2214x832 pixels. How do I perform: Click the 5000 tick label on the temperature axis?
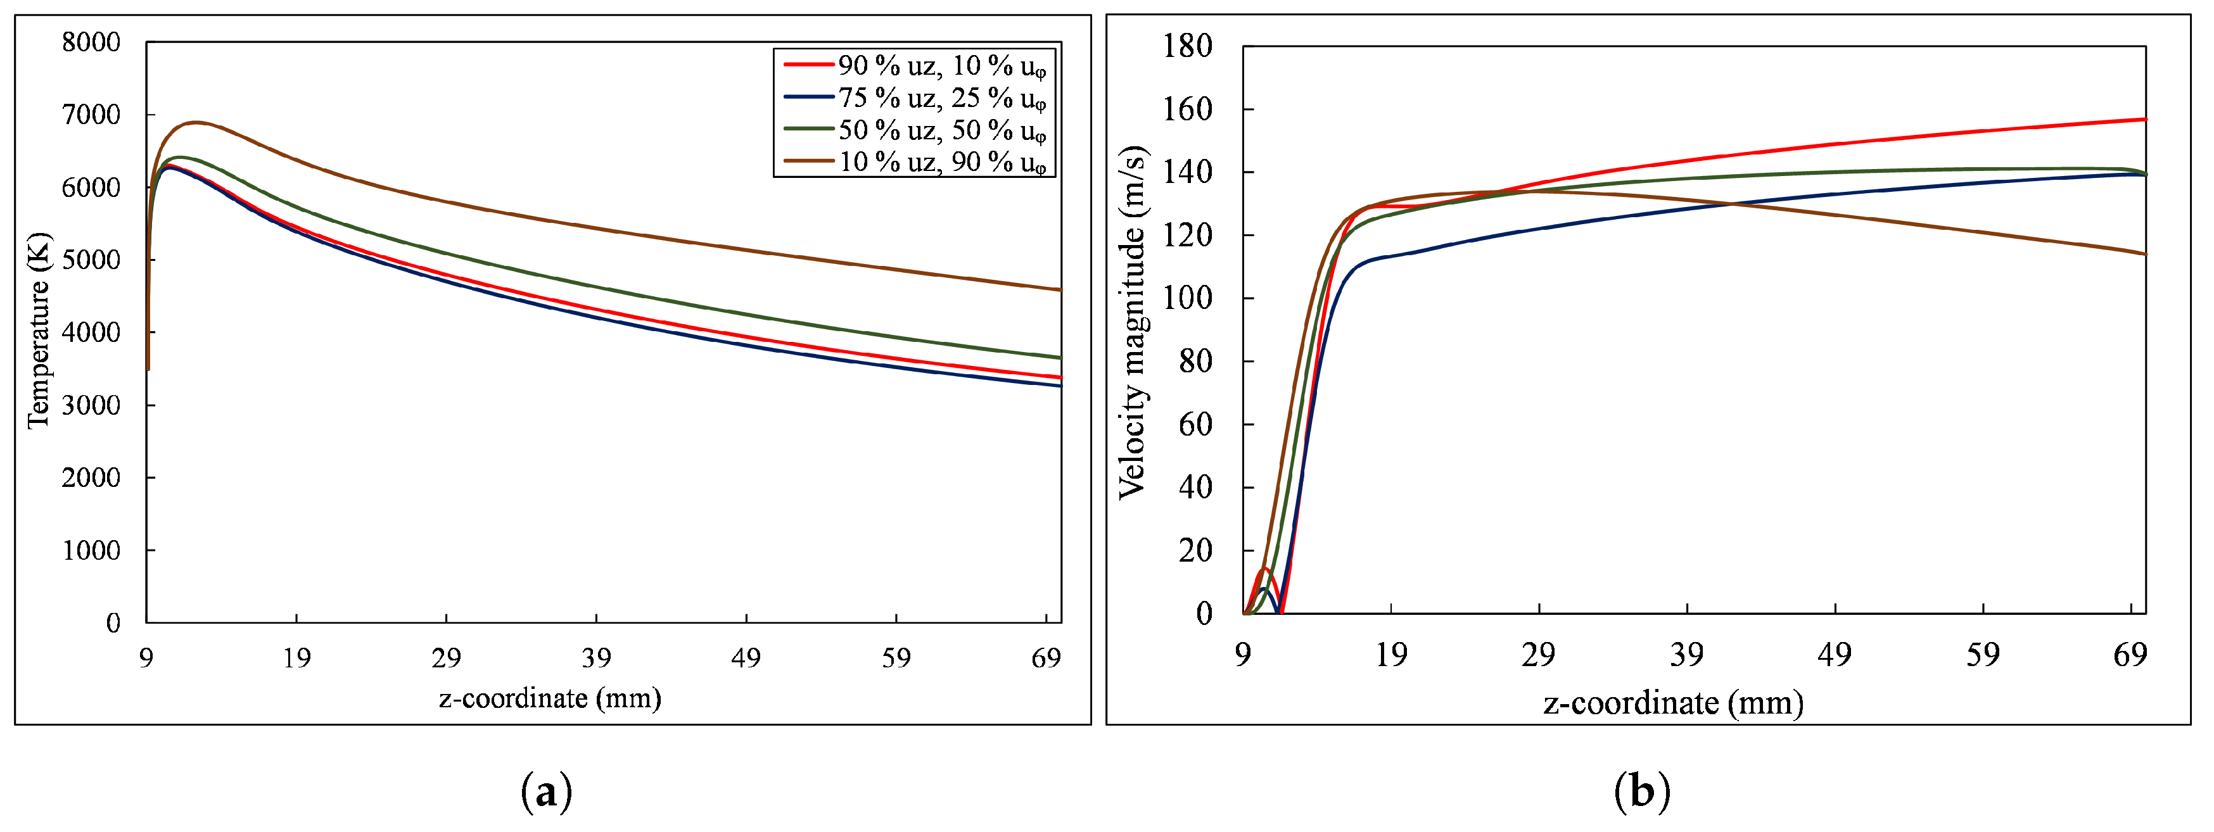pyautogui.click(x=91, y=260)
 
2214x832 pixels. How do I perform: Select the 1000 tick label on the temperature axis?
pyautogui.click(x=91, y=550)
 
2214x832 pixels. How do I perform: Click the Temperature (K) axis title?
pyautogui.click(x=38, y=331)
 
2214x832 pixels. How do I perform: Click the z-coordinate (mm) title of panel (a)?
pyautogui.click(x=550, y=698)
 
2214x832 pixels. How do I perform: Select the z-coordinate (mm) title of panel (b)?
pyautogui.click(x=1672, y=703)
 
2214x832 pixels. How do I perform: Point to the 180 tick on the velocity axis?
pyautogui.click(x=1187, y=45)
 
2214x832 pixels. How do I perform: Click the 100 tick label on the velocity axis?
pyautogui.click(x=1187, y=298)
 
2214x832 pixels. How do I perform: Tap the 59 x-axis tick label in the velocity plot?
pyautogui.click(x=1982, y=655)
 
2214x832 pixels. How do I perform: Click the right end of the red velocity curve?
pyautogui.click(x=2144, y=120)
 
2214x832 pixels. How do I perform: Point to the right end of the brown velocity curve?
pyautogui.click(x=2144, y=253)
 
